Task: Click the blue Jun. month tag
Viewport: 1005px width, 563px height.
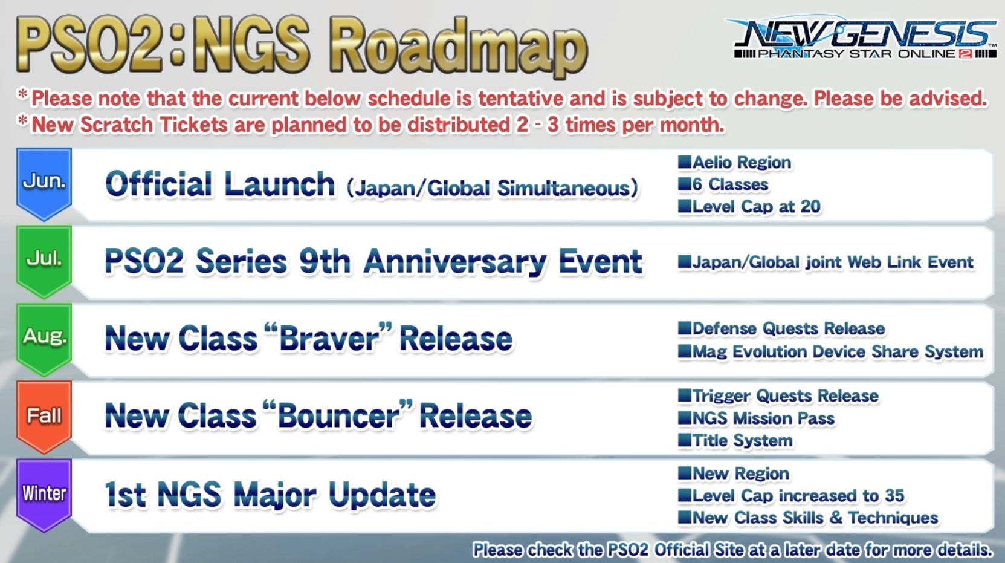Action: click(x=44, y=181)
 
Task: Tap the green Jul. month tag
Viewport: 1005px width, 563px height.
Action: click(x=44, y=259)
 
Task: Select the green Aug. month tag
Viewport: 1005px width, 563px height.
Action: click(x=44, y=336)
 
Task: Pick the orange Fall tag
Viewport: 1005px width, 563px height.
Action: click(x=44, y=415)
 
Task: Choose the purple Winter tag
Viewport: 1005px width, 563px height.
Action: click(x=44, y=493)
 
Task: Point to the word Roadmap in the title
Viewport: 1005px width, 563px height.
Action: click(x=459, y=45)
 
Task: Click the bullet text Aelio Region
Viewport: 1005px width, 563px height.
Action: click(x=741, y=162)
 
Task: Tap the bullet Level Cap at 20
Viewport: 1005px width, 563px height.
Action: click(x=755, y=207)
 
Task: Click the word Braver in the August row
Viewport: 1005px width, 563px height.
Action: click(x=329, y=339)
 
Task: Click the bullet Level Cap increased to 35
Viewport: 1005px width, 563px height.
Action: click(x=798, y=496)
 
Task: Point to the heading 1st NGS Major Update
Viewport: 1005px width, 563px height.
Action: click(x=270, y=495)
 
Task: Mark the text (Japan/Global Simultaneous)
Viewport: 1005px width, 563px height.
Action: click(x=492, y=188)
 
